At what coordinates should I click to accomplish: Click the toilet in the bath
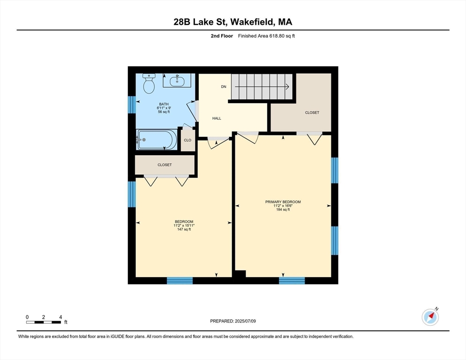(x=149, y=83)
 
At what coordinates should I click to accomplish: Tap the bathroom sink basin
(x=177, y=81)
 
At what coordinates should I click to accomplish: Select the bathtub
(x=156, y=139)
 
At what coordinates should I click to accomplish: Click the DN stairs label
(x=224, y=87)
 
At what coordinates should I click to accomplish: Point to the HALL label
(x=217, y=118)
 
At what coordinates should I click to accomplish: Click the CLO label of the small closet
(x=188, y=140)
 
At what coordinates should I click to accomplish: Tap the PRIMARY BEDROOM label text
(x=283, y=202)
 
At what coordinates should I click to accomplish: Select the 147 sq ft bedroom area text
(x=184, y=229)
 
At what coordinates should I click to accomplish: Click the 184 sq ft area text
(x=283, y=210)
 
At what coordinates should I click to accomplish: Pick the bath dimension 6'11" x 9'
(x=164, y=108)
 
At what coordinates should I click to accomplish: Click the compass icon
(x=430, y=317)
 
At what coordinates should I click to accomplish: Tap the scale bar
(x=44, y=322)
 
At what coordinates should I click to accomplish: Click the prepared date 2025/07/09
(x=245, y=321)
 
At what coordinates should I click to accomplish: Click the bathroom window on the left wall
(x=132, y=105)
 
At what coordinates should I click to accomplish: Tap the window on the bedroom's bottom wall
(x=180, y=281)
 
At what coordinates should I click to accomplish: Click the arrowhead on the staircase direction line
(x=287, y=87)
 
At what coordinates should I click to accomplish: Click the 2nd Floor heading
(x=222, y=36)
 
